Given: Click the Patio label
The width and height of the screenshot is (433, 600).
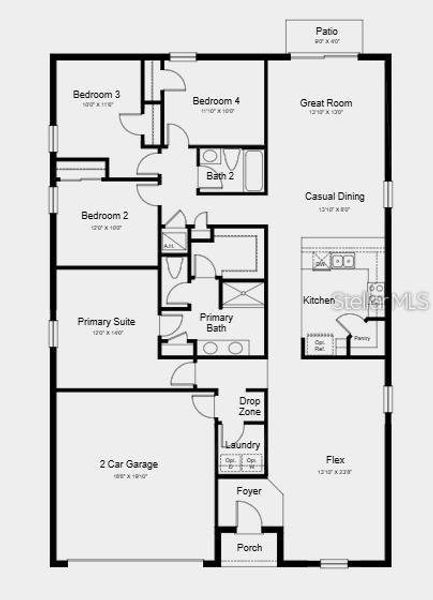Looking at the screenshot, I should (x=326, y=31).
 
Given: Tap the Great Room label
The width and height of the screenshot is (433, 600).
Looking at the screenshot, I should (x=326, y=102).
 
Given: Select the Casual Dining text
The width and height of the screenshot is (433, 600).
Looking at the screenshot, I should (x=334, y=196).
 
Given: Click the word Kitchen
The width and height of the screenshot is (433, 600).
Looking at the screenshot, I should (x=318, y=300).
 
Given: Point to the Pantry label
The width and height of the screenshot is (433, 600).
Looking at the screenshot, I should (x=362, y=339).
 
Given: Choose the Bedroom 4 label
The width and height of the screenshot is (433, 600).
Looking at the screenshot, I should (x=216, y=101).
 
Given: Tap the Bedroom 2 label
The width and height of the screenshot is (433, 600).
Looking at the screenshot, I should (x=104, y=215).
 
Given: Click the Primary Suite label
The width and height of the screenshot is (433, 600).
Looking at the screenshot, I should (x=106, y=322).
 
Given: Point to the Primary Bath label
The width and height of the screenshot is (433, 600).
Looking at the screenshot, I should (x=219, y=322).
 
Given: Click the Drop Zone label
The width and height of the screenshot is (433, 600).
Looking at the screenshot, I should (x=250, y=406).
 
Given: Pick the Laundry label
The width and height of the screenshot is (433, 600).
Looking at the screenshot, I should (x=243, y=445).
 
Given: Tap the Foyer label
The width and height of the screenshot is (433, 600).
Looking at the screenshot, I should (x=249, y=491).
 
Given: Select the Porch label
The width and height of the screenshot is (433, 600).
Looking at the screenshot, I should (x=249, y=548).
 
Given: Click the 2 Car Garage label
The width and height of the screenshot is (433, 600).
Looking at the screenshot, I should (x=128, y=464).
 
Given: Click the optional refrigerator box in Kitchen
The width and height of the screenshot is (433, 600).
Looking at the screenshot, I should (x=320, y=345).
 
